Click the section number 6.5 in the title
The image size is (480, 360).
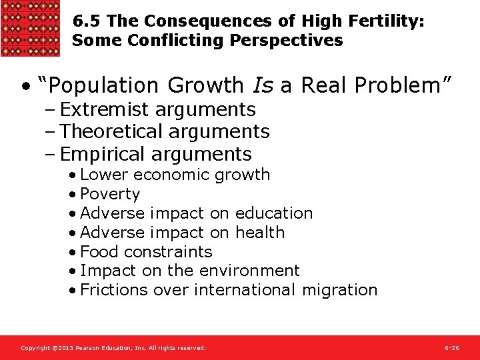[83, 21]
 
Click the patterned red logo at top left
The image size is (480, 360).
[31, 28]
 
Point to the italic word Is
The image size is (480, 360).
[262, 85]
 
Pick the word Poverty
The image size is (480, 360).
[110, 194]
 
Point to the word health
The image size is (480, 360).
[259, 233]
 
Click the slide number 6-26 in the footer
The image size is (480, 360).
[451, 348]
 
